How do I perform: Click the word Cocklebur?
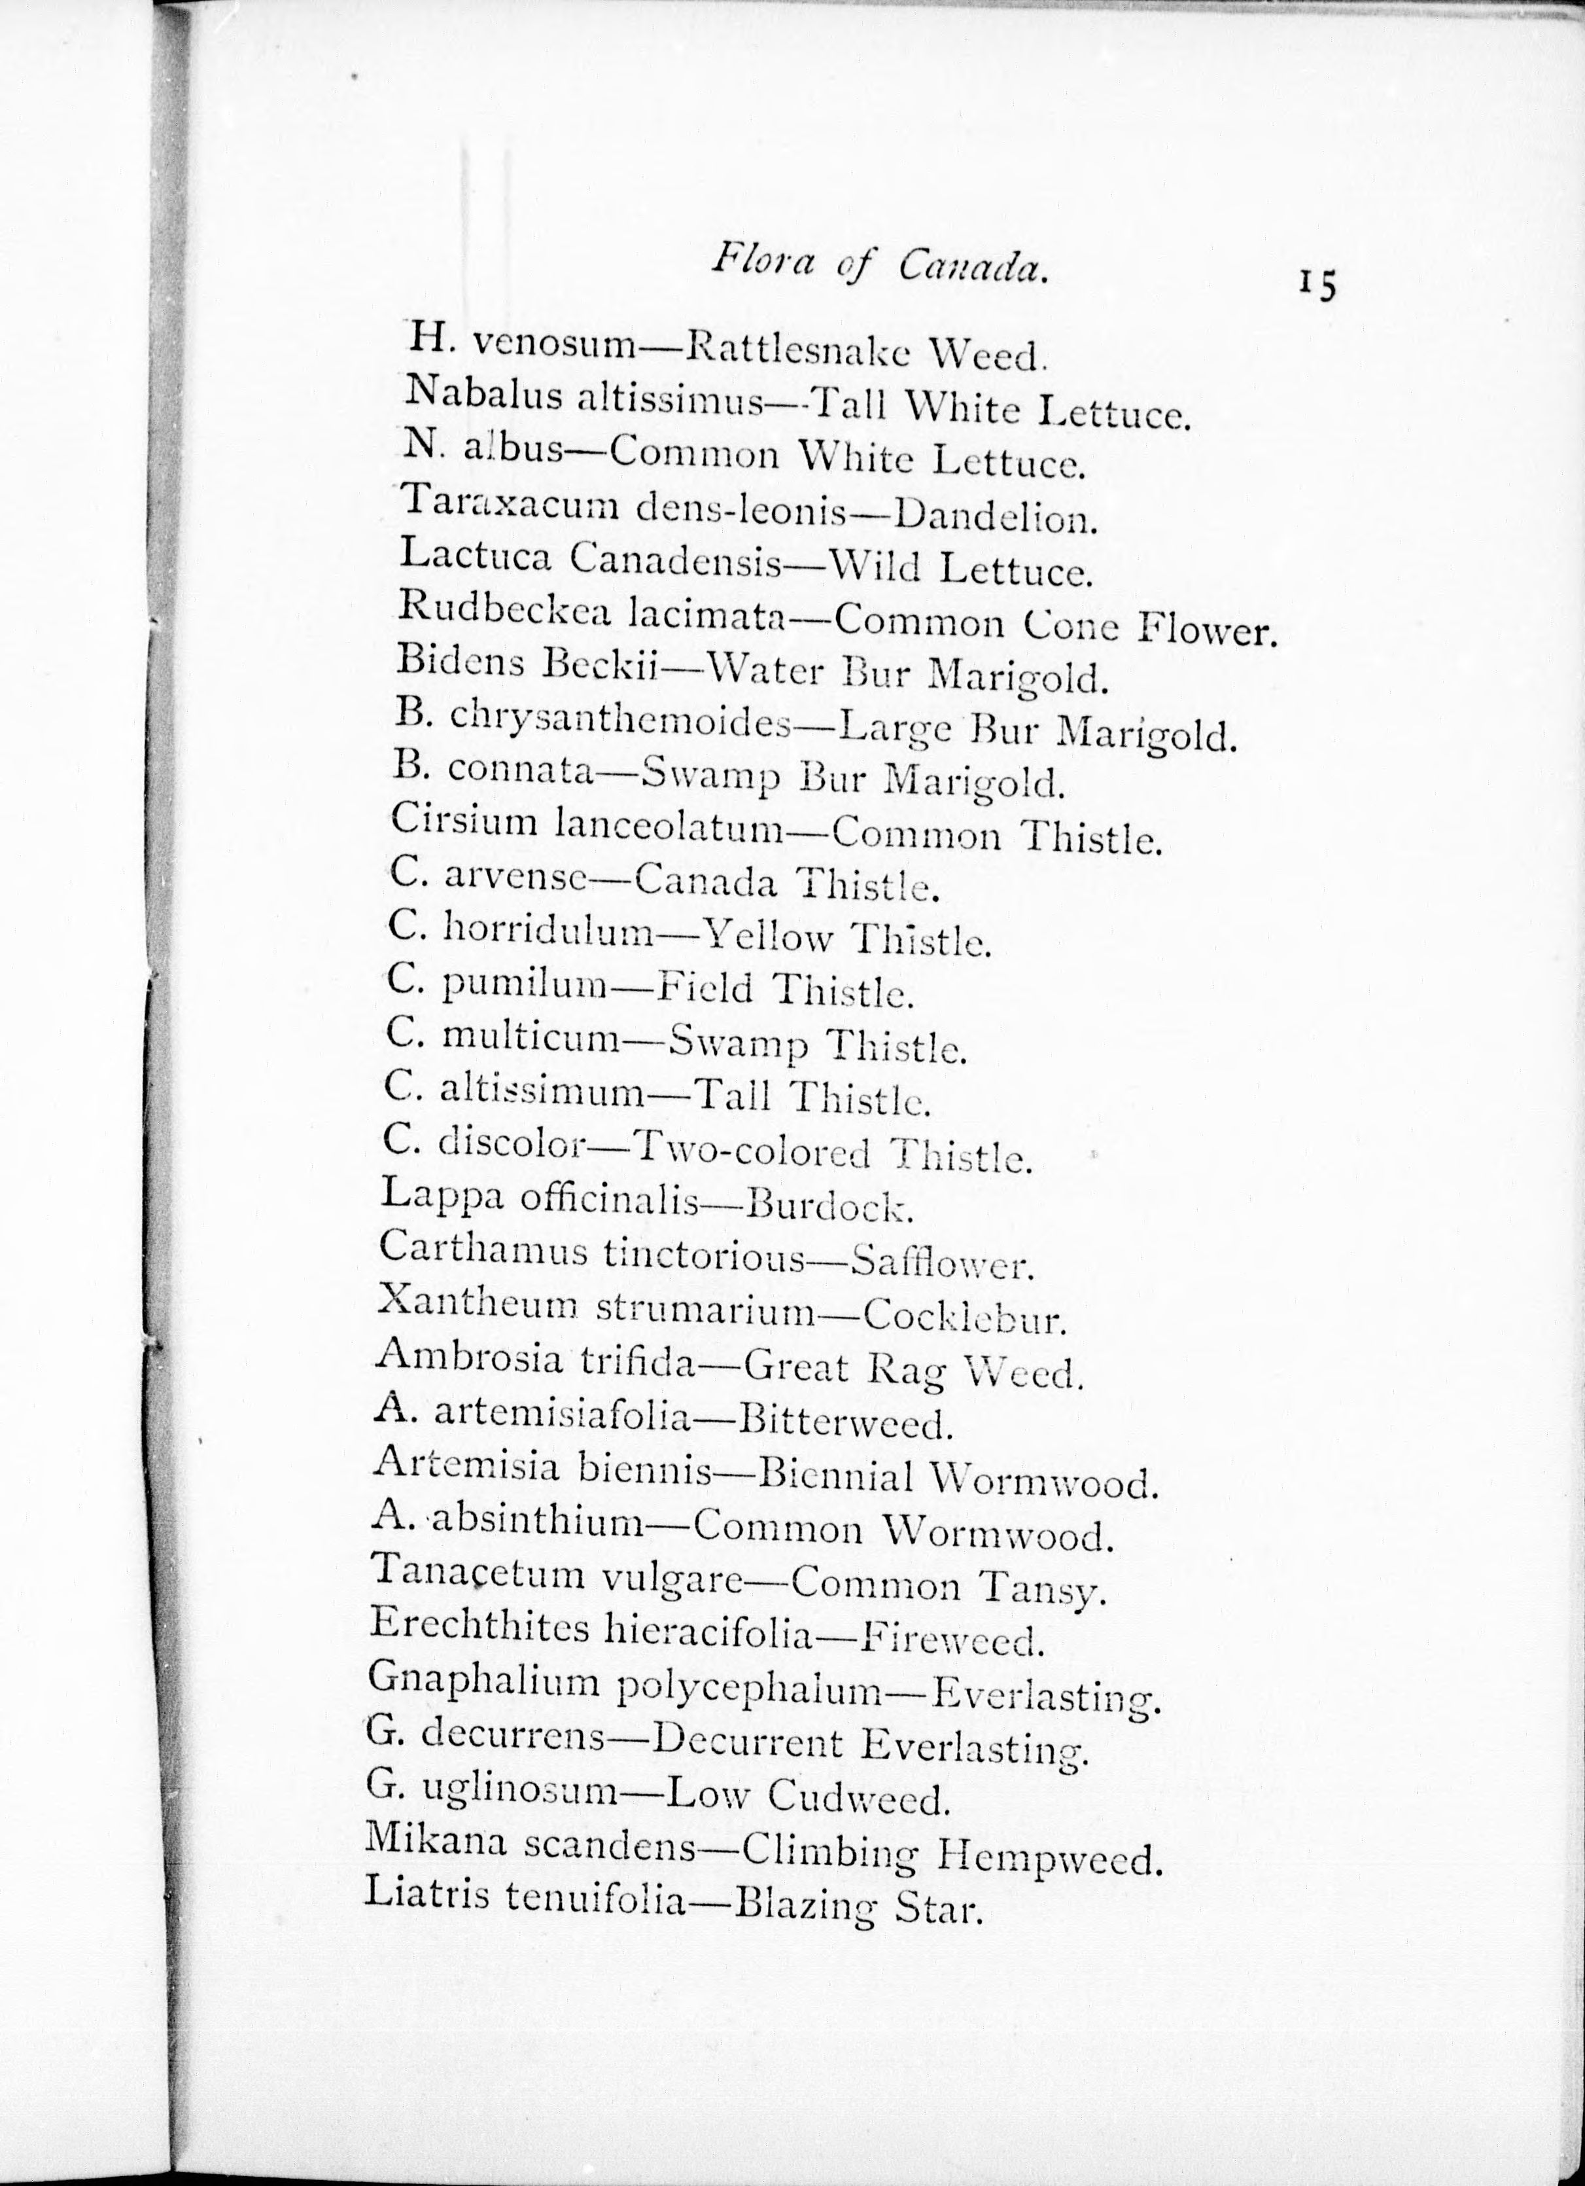[964, 1317]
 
